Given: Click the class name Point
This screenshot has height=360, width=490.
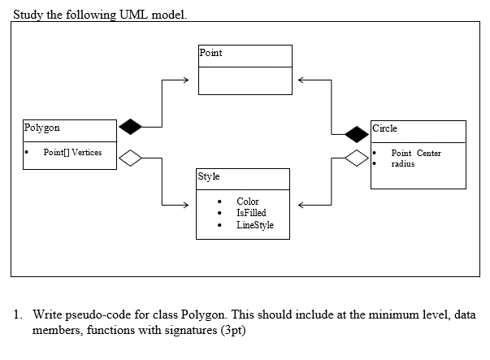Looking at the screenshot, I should pyautogui.click(x=210, y=53).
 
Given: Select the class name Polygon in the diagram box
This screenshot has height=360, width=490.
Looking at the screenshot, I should pyautogui.click(x=42, y=128).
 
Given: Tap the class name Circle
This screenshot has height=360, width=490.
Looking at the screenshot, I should pyautogui.click(x=385, y=128).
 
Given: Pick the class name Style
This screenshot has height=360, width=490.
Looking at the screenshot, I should pyautogui.click(x=209, y=176).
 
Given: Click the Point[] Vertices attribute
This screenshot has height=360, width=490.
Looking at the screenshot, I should pyautogui.click(x=72, y=153).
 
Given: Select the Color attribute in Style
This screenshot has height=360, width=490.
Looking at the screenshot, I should pyautogui.click(x=248, y=201).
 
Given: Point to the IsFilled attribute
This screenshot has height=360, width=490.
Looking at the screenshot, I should pyautogui.click(x=251, y=213).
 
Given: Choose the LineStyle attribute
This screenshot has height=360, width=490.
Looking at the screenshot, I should pyautogui.click(x=255, y=225).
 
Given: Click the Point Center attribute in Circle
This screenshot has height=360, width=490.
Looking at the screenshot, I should pyautogui.click(x=416, y=153).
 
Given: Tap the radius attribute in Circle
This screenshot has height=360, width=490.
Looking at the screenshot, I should pyautogui.click(x=403, y=163).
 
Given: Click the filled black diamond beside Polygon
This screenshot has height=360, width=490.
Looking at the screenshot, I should pyautogui.click(x=131, y=127).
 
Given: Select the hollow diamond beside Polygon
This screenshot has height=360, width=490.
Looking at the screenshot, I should pyautogui.click(x=131, y=158).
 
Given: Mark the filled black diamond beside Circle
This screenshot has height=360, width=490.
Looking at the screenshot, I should pyautogui.click(x=356, y=134).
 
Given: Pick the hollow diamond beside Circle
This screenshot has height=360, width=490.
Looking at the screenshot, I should pyautogui.click(x=356, y=158).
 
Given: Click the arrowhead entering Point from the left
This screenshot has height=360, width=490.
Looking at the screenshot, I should pyautogui.click(x=186, y=80).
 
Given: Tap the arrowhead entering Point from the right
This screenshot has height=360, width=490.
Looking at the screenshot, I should pyautogui.click(x=301, y=80).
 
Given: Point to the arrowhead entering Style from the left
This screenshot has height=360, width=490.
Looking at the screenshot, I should pyautogui.click(x=186, y=203).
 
